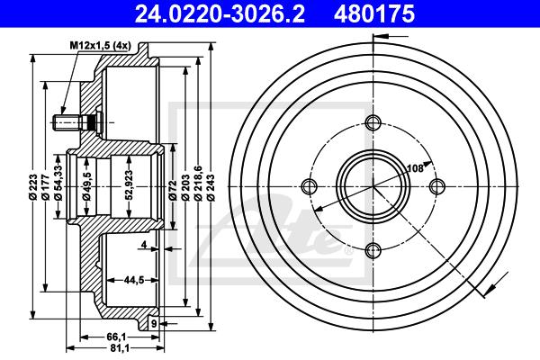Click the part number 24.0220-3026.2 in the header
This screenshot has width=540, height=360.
tap(220, 14)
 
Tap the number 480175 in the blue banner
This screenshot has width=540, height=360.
tap(374, 14)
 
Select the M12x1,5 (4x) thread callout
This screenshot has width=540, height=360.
tap(101, 46)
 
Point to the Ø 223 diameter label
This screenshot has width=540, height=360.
tap(33, 187)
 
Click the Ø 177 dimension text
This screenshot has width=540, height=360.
tap(46, 187)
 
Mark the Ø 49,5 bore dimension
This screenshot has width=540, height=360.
tap(86, 186)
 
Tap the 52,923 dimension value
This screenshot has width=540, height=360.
tap(129, 184)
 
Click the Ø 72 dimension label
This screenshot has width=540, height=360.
tap(173, 190)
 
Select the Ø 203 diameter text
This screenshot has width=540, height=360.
tap(185, 187)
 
